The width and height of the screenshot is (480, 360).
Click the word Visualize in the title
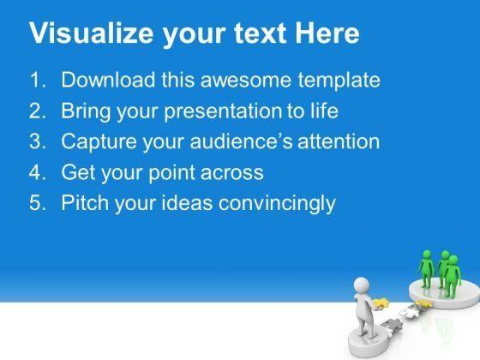(x=91, y=33)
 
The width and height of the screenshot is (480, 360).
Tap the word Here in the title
(x=327, y=33)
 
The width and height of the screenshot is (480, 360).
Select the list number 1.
(x=38, y=80)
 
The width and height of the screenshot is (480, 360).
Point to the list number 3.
(x=38, y=141)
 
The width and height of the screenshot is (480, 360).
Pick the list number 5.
(x=38, y=203)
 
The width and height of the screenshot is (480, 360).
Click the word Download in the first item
(x=108, y=80)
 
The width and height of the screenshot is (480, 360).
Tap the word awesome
(x=245, y=81)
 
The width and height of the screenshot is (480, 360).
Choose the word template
(x=339, y=81)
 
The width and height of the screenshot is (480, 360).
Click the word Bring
(x=86, y=111)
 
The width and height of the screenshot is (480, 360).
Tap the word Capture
(x=99, y=142)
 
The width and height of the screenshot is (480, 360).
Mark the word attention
(x=339, y=141)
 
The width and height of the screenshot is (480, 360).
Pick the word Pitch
(x=85, y=203)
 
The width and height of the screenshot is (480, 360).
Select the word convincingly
(x=278, y=204)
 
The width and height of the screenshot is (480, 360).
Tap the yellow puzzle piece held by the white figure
(x=381, y=303)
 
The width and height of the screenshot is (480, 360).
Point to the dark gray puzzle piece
(x=392, y=325)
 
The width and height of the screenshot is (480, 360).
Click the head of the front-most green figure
(x=453, y=260)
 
